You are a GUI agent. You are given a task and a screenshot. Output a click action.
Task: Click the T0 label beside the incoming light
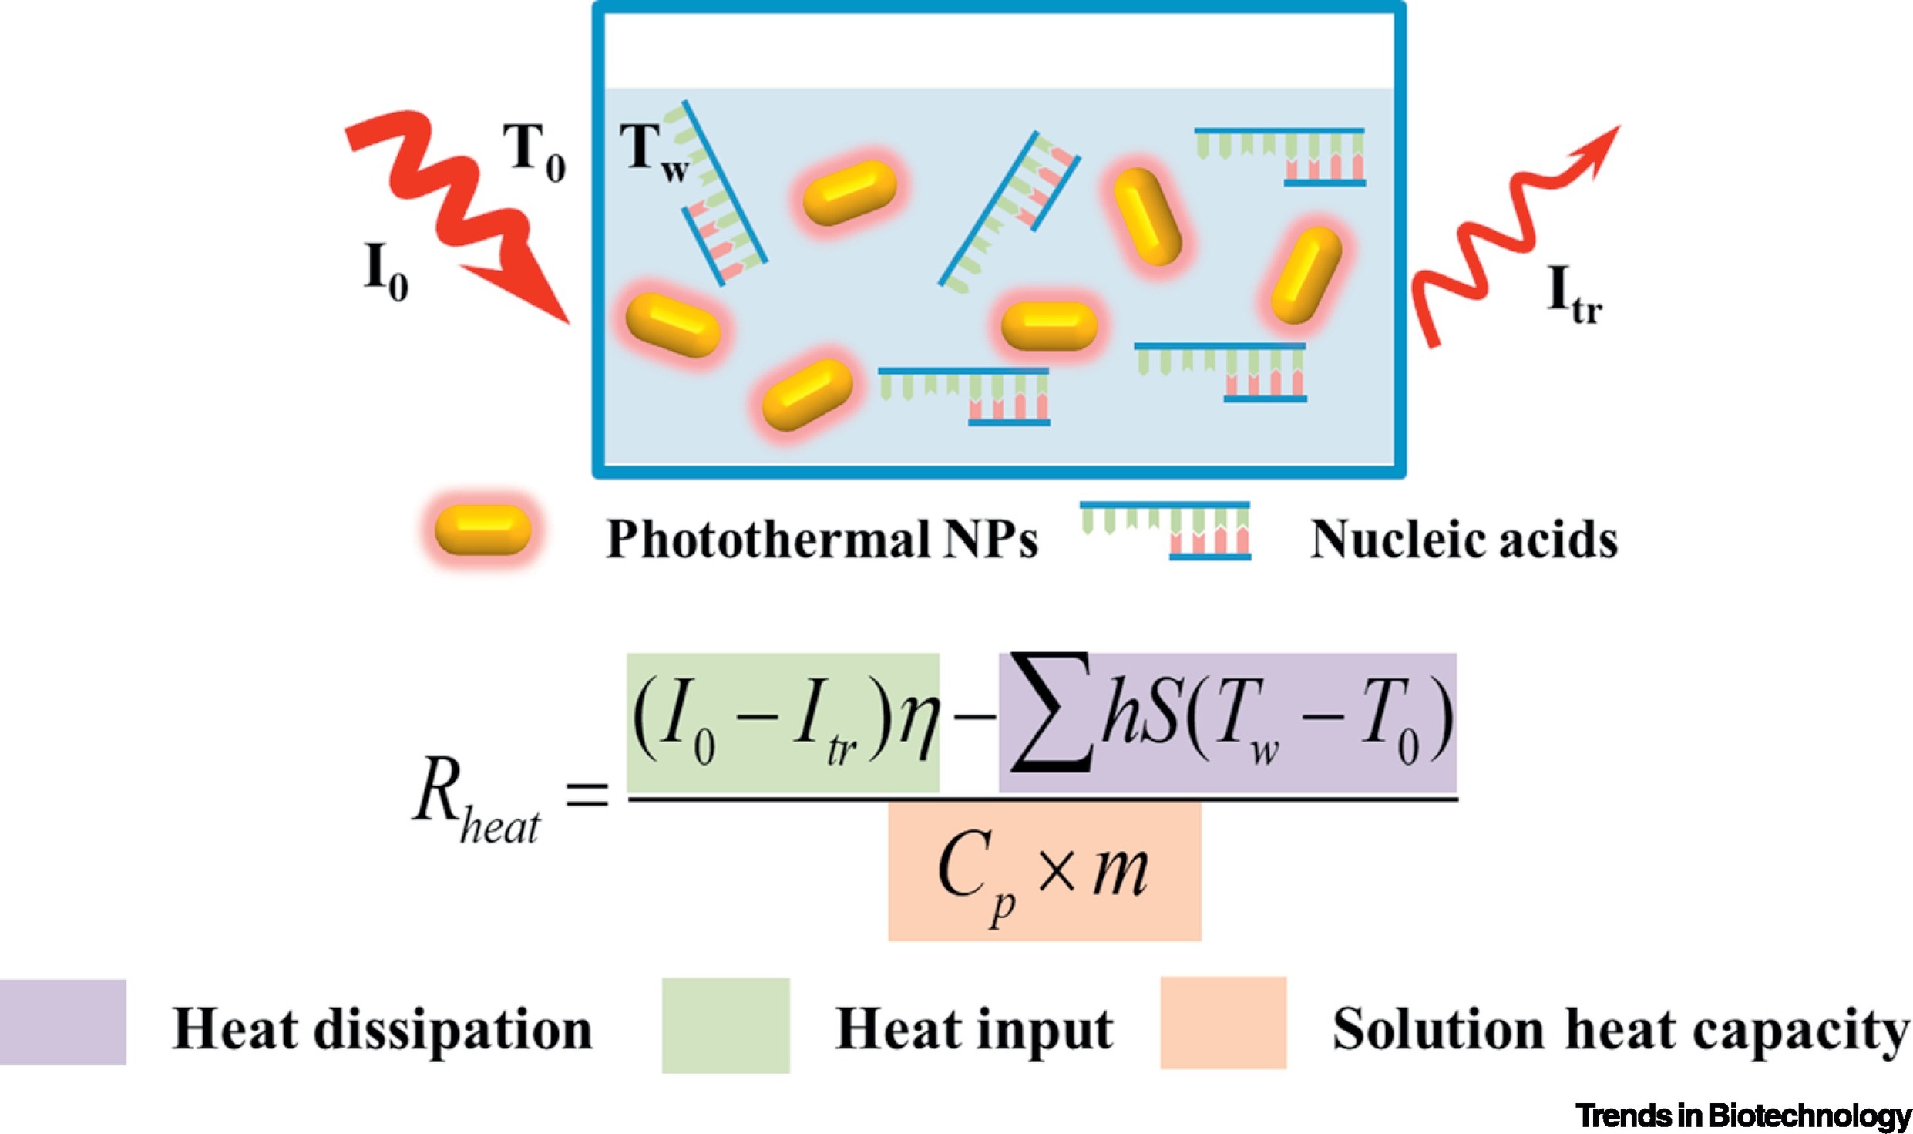pyautogui.click(x=534, y=153)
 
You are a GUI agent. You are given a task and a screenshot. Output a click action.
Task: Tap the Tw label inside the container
pyautogui.click(x=654, y=153)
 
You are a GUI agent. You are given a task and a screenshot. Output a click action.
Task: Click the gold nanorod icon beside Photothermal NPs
pyautogui.click(x=482, y=530)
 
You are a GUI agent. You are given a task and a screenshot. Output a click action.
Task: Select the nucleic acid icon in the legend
pyautogui.click(x=1165, y=530)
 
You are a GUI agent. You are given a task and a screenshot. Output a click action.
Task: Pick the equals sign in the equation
pyautogui.click(x=587, y=794)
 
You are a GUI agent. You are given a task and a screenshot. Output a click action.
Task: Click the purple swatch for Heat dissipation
pyautogui.click(x=62, y=1021)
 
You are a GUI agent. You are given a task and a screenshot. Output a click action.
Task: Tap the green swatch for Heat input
pyautogui.click(x=725, y=1025)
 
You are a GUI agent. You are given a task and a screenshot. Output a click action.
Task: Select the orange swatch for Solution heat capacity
pyautogui.click(x=1223, y=1023)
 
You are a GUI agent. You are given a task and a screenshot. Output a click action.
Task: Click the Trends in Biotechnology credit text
pyautogui.click(x=1743, y=1114)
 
